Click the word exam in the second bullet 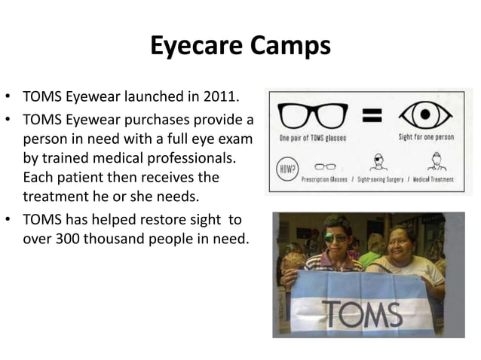(x=237, y=140)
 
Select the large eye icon (x=425, y=115)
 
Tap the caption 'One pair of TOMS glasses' (x=313, y=139)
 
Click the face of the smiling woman (x=401, y=242)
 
